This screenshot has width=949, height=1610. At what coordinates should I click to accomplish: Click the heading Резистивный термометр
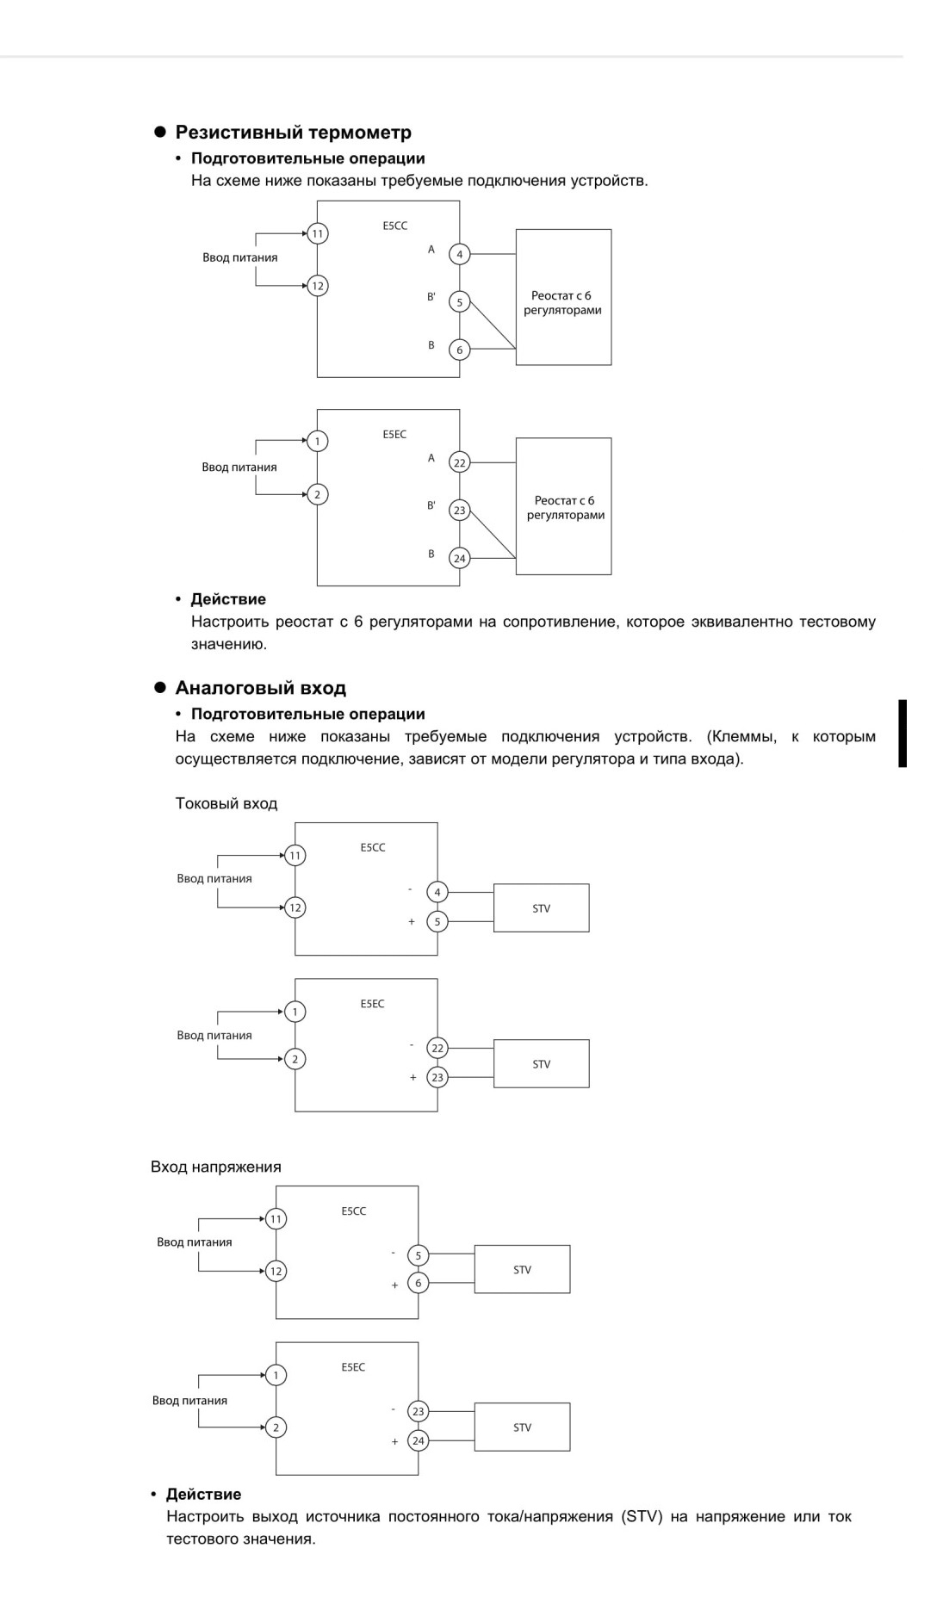click(x=293, y=133)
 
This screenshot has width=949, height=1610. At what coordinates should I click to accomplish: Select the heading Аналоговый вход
click(x=260, y=688)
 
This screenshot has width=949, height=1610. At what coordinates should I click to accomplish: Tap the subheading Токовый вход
click(x=226, y=803)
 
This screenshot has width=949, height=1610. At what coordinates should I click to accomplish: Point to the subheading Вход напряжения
click(x=216, y=1167)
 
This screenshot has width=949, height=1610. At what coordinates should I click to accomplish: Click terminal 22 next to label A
click(x=460, y=462)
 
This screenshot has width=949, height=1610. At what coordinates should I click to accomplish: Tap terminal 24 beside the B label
click(x=460, y=558)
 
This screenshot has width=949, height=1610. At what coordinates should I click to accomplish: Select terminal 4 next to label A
click(x=460, y=254)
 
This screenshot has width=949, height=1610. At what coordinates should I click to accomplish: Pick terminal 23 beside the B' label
click(x=460, y=510)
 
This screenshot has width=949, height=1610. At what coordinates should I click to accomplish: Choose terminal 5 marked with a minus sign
click(x=419, y=1255)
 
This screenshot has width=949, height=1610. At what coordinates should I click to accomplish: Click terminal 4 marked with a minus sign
click(x=437, y=892)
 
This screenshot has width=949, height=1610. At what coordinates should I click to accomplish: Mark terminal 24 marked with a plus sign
click(x=419, y=1440)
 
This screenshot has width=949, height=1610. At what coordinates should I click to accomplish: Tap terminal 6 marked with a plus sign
click(x=419, y=1283)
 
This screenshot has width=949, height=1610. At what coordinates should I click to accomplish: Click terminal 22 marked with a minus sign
click(x=437, y=1048)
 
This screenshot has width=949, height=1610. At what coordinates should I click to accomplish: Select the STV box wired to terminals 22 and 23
click(x=542, y=1063)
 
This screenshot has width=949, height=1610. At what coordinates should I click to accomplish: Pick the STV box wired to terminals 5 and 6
click(x=522, y=1269)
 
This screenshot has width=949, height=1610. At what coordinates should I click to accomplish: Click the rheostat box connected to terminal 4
click(x=563, y=297)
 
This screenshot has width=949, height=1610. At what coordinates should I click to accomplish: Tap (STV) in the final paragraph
click(x=641, y=1516)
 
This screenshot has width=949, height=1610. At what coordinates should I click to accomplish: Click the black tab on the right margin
click(x=902, y=733)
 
